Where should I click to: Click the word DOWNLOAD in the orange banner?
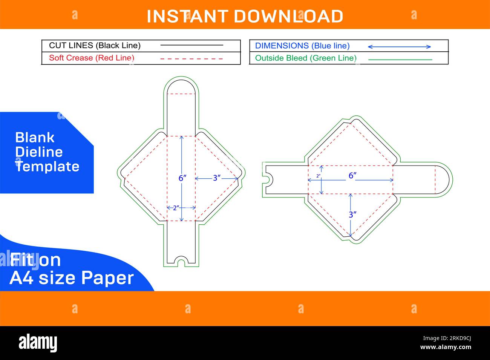tap(288, 17)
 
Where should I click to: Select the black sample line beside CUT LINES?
tap(191, 45)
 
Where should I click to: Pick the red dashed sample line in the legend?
tap(191, 59)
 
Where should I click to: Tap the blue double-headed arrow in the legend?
tap(400, 47)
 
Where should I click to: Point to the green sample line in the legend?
tap(400, 60)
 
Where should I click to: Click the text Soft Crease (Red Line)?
tap(92, 58)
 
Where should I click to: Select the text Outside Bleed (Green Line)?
tap(306, 58)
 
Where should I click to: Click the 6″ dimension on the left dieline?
tap(182, 178)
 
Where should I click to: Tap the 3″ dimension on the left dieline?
tap(217, 178)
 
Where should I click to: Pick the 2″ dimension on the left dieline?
tap(176, 208)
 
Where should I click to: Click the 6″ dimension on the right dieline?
tap(352, 175)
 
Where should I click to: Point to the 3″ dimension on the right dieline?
tap(352, 214)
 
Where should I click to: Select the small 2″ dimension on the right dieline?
tap(318, 176)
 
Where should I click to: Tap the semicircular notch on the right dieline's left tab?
tap(270, 180)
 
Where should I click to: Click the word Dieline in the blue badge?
tap(39, 152)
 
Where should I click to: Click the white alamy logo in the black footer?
tap(38, 343)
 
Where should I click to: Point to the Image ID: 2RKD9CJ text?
tap(447, 338)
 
